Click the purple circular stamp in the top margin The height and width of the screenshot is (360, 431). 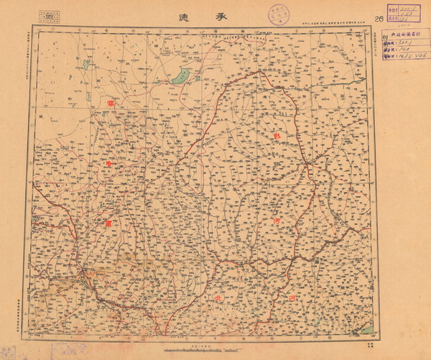[x=277, y=14]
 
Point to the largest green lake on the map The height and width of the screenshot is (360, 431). [x=180, y=75]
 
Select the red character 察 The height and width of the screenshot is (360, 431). [x=111, y=106]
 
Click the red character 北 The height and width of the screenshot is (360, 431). [x=209, y=297]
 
